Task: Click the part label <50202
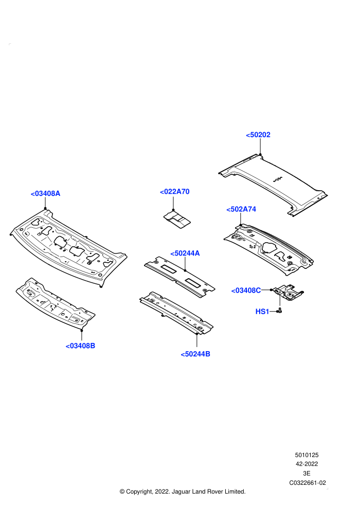[x=258, y=135]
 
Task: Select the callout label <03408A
[x=45, y=193]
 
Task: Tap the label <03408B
[x=80, y=346]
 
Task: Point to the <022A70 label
[x=175, y=192]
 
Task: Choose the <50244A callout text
[x=185, y=253]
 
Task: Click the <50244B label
[x=195, y=354]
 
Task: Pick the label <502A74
[x=241, y=209]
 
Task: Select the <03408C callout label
[x=246, y=290]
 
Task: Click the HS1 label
[x=262, y=312]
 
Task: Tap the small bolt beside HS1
[x=279, y=311]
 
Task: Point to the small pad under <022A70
[x=177, y=220]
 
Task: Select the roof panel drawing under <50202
[x=273, y=185]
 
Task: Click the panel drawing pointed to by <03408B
[x=56, y=303]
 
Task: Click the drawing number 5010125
[x=307, y=455]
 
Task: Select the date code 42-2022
[x=307, y=464]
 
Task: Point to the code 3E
[x=307, y=474]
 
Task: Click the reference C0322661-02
[x=308, y=483]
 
